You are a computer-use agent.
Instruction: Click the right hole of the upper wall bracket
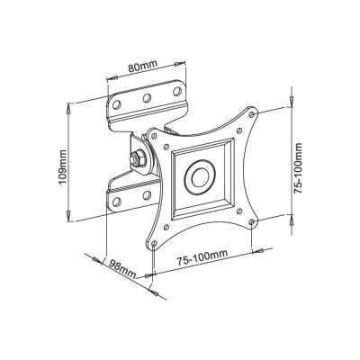click(172, 87)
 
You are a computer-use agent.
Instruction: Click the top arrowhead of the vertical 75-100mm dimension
click(292, 91)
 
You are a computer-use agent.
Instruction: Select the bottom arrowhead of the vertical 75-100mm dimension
click(292, 214)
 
